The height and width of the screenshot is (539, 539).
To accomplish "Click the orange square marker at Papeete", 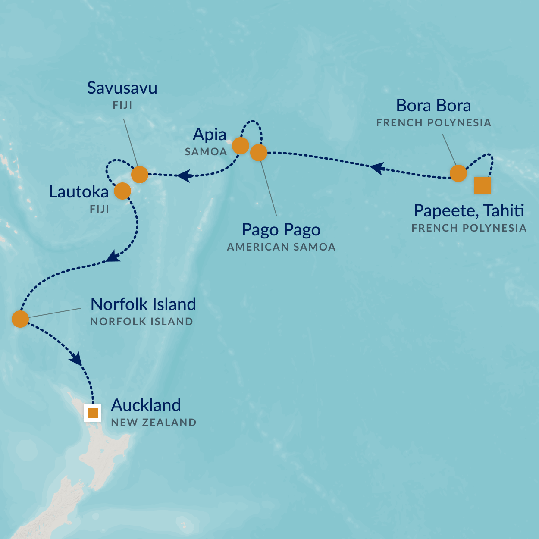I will (x=482, y=185).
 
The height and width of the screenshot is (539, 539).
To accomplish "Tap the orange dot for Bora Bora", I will (x=458, y=173).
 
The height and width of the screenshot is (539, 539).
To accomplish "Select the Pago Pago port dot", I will (x=258, y=153).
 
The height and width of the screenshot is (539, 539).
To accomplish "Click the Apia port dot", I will (x=240, y=146).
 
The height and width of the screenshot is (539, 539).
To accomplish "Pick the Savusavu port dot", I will (x=139, y=175).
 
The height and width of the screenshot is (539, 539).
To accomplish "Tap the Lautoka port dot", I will (x=122, y=191).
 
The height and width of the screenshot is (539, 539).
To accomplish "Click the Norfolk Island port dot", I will (x=20, y=319).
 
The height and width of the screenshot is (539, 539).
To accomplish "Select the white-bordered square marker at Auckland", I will (x=93, y=413).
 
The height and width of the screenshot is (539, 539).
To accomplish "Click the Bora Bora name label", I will (x=433, y=106).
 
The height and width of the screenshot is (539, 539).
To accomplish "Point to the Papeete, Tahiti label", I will (x=469, y=211).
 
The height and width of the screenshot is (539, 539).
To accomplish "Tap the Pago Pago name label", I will (x=281, y=230).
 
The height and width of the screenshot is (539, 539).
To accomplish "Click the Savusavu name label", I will (x=122, y=88).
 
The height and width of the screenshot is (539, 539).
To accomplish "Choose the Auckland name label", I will (x=146, y=405).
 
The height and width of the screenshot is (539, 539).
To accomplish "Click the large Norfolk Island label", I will (x=143, y=304).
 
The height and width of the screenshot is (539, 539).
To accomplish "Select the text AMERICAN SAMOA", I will (x=281, y=247).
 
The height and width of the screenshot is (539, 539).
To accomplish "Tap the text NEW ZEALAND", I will (x=154, y=423).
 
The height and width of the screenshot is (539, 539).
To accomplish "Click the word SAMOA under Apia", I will (x=206, y=152).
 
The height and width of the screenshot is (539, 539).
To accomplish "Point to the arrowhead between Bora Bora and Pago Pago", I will (x=377, y=167).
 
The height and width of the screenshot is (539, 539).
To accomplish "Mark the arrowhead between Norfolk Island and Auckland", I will (x=76, y=359).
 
